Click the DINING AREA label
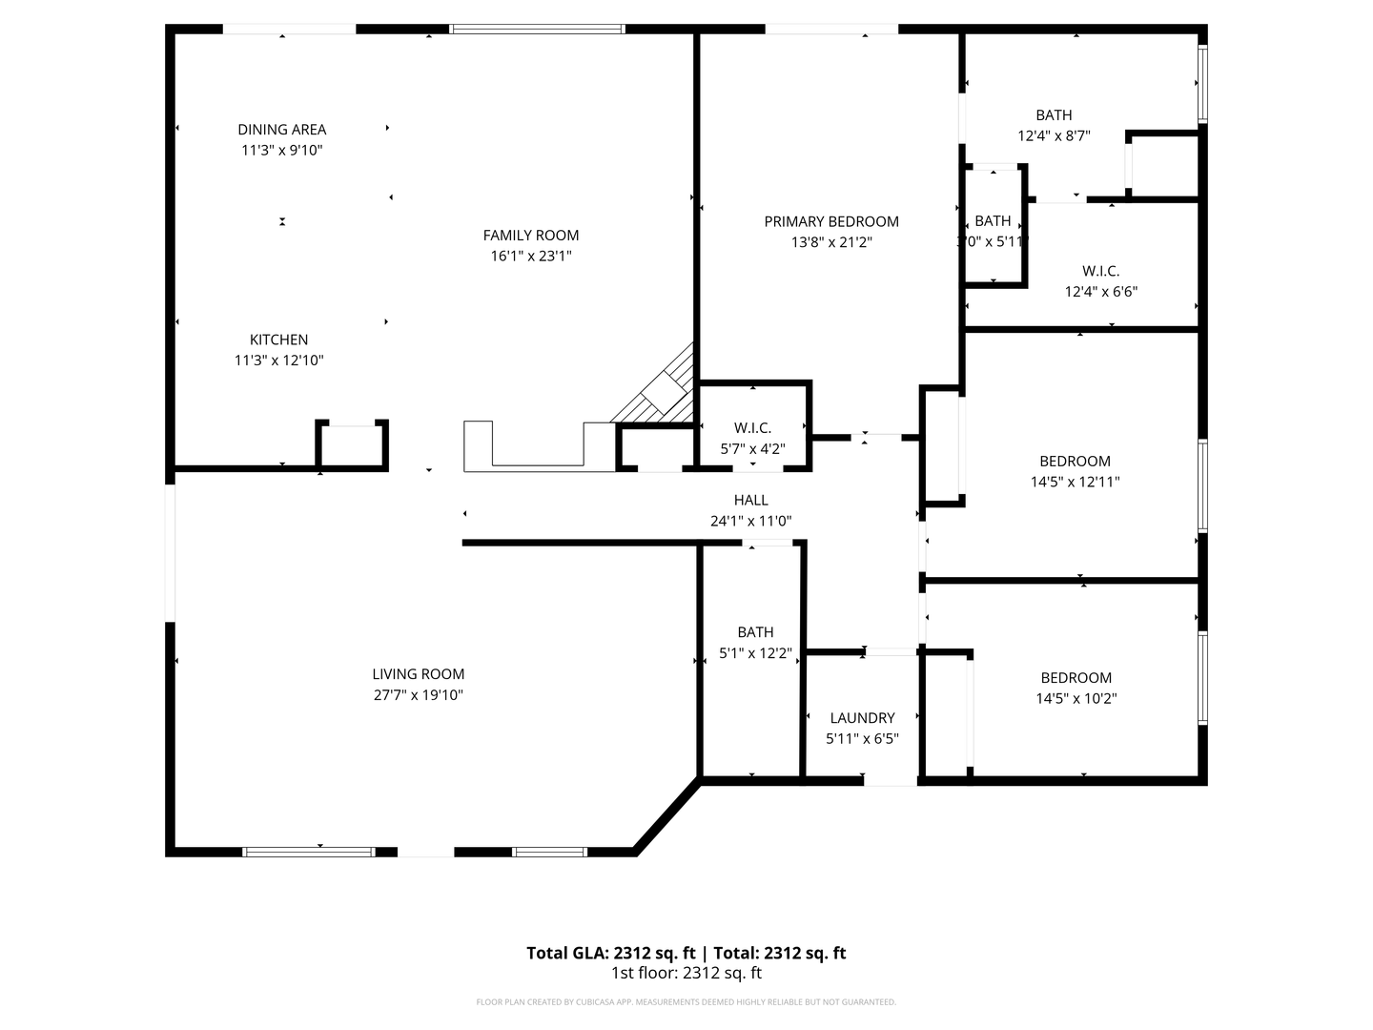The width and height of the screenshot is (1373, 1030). point(281,130)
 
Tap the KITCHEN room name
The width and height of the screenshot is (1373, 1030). point(278,340)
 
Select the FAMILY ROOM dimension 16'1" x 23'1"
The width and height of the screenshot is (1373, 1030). point(531,256)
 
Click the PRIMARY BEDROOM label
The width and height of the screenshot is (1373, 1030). point(830,221)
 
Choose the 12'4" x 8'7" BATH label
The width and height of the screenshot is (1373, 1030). point(1054,115)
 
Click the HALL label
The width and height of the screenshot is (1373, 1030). point(750,500)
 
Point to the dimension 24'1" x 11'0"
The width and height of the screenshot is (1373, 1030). point(750,522)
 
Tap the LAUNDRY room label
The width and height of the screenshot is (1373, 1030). point(862,718)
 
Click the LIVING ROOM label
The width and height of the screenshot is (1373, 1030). point(418,674)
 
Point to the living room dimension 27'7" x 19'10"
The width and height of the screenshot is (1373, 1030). point(418,695)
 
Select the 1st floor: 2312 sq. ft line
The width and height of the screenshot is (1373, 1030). point(686,974)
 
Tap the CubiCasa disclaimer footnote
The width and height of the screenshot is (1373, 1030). point(686,1002)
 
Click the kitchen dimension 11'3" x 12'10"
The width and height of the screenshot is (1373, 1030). point(278,360)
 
